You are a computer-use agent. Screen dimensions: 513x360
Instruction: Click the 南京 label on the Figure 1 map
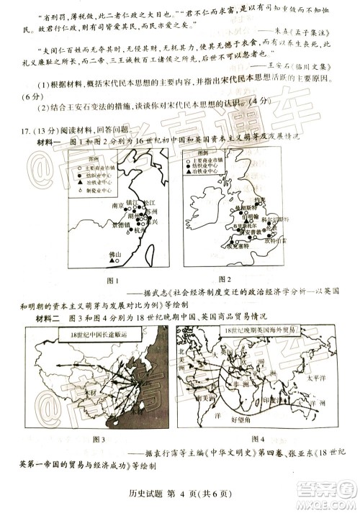click(x=120, y=204)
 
